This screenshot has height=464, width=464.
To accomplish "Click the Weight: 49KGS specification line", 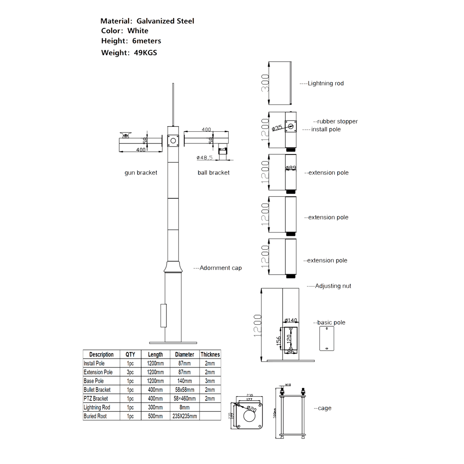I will tap(129, 52).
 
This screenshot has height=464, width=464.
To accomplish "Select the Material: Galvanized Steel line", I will tap(147, 21).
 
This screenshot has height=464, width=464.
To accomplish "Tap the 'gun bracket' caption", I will tap(141, 173).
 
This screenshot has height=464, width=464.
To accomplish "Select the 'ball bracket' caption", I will tap(213, 173).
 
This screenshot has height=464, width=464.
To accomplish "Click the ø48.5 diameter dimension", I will tap(205, 158).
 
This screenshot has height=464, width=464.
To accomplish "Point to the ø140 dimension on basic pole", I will tap(290, 320).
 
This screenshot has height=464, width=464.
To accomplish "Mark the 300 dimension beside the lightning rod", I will tap(264, 84).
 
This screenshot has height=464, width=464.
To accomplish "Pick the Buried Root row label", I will tap(95, 416).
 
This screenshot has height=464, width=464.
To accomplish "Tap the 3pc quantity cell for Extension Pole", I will tap(130, 372).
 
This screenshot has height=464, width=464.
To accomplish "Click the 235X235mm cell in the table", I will tap(184, 416).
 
